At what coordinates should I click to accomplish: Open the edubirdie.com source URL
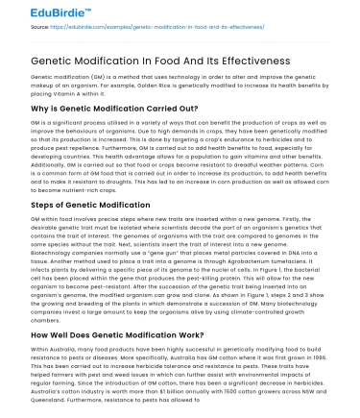[134, 29]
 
